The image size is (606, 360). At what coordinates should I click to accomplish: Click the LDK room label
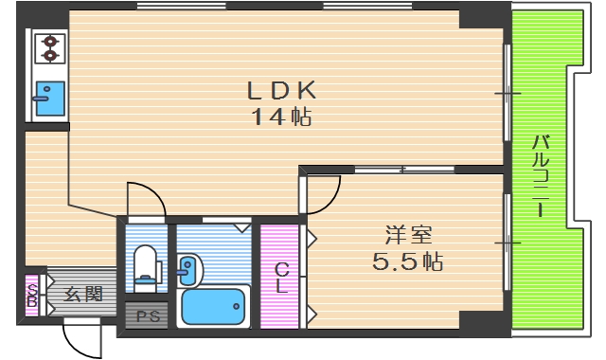point(280,92)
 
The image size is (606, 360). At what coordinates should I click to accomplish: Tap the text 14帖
point(281,118)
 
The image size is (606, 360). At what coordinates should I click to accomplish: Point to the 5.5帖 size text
point(407,261)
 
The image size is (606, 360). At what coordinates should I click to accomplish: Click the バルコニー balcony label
point(541,176)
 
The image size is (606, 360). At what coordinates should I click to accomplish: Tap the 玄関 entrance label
point(83,295)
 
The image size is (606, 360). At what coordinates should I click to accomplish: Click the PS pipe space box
point(148,315)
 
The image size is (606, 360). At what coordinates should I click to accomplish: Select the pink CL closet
point(280,276)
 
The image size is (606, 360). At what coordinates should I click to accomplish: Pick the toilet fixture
point(147,264)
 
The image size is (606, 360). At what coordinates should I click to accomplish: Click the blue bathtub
point(213,307)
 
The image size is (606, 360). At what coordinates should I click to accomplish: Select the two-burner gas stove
point(47,48)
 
